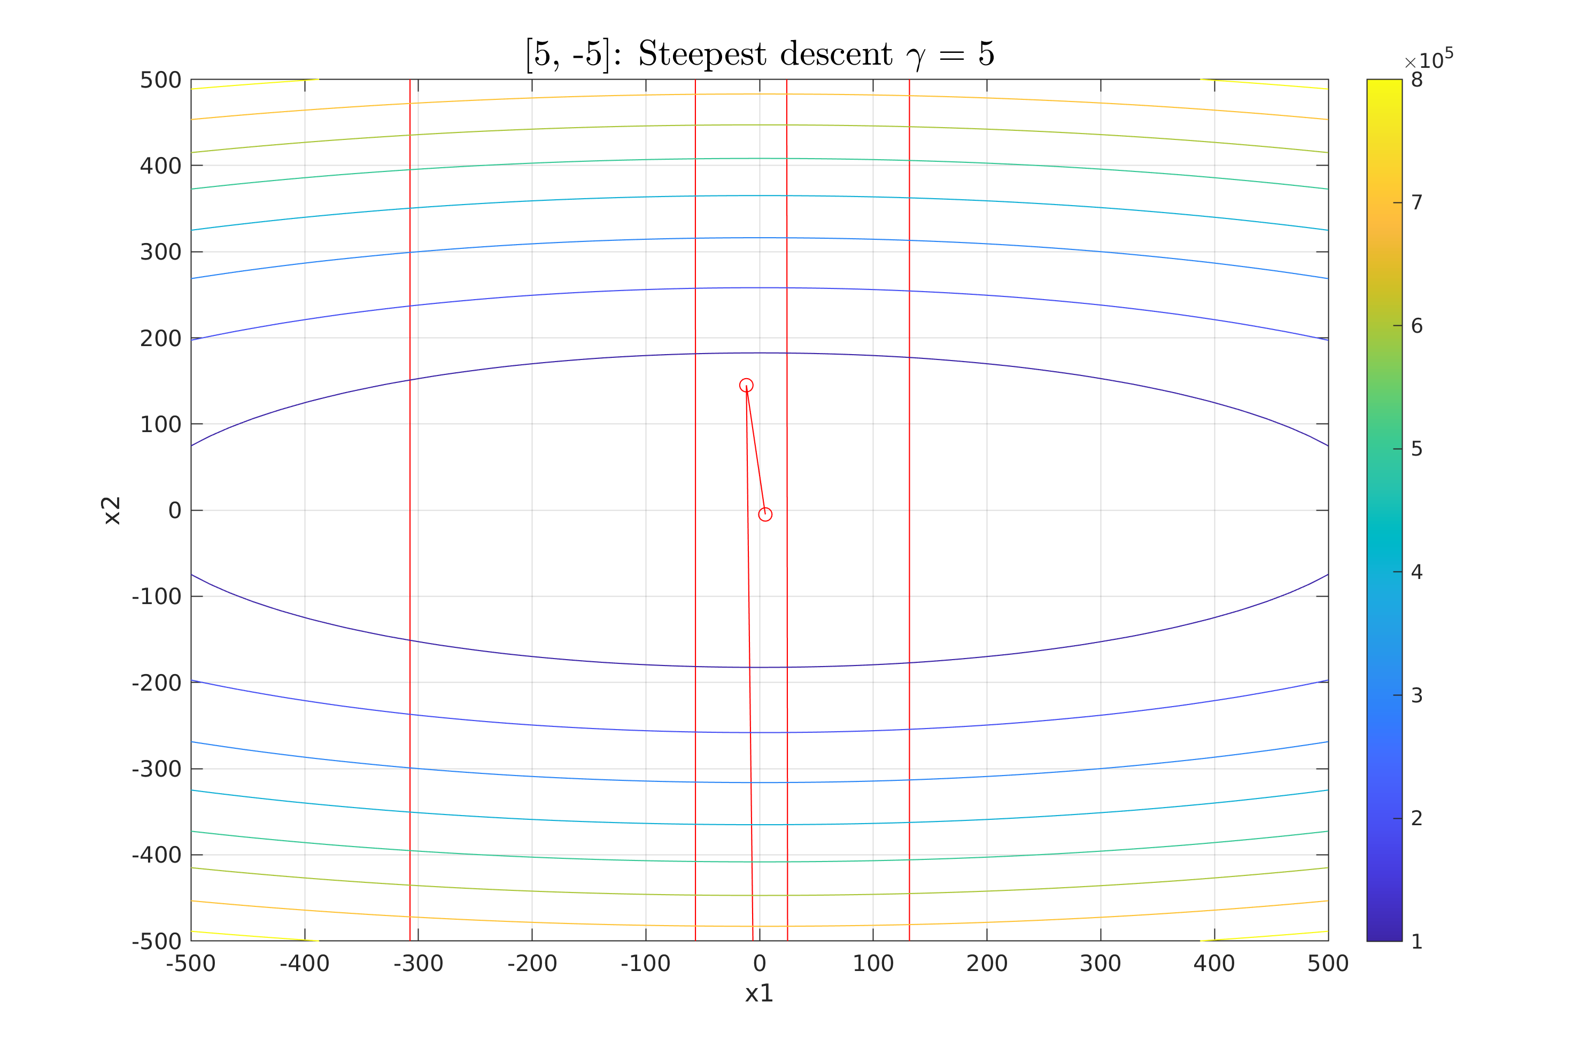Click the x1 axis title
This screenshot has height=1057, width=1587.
coord(759,993)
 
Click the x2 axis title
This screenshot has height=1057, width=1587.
coord(111,510)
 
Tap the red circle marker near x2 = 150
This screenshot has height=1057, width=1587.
coord(746,386)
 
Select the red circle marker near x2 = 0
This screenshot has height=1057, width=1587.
coord(765,514)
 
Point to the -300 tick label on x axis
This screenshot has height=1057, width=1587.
coord(418,964)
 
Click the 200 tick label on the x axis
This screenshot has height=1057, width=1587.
coord(987,964)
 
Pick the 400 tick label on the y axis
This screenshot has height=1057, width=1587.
coord(160,166)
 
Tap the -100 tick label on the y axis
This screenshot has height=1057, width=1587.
coord(157,597)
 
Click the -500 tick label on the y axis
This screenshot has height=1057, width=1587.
coord(157,941)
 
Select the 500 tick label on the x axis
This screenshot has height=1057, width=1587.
coord(1327,964)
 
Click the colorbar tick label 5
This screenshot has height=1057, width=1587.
coord(1416,449)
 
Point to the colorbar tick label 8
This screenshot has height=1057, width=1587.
coord(1416,80)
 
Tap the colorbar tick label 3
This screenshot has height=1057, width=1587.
coord(1416,695)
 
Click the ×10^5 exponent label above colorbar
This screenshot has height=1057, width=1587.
coord(1428,61)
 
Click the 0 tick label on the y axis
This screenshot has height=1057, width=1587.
coord(175,510)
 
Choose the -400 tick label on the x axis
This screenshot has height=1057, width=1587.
coord(304,964)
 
